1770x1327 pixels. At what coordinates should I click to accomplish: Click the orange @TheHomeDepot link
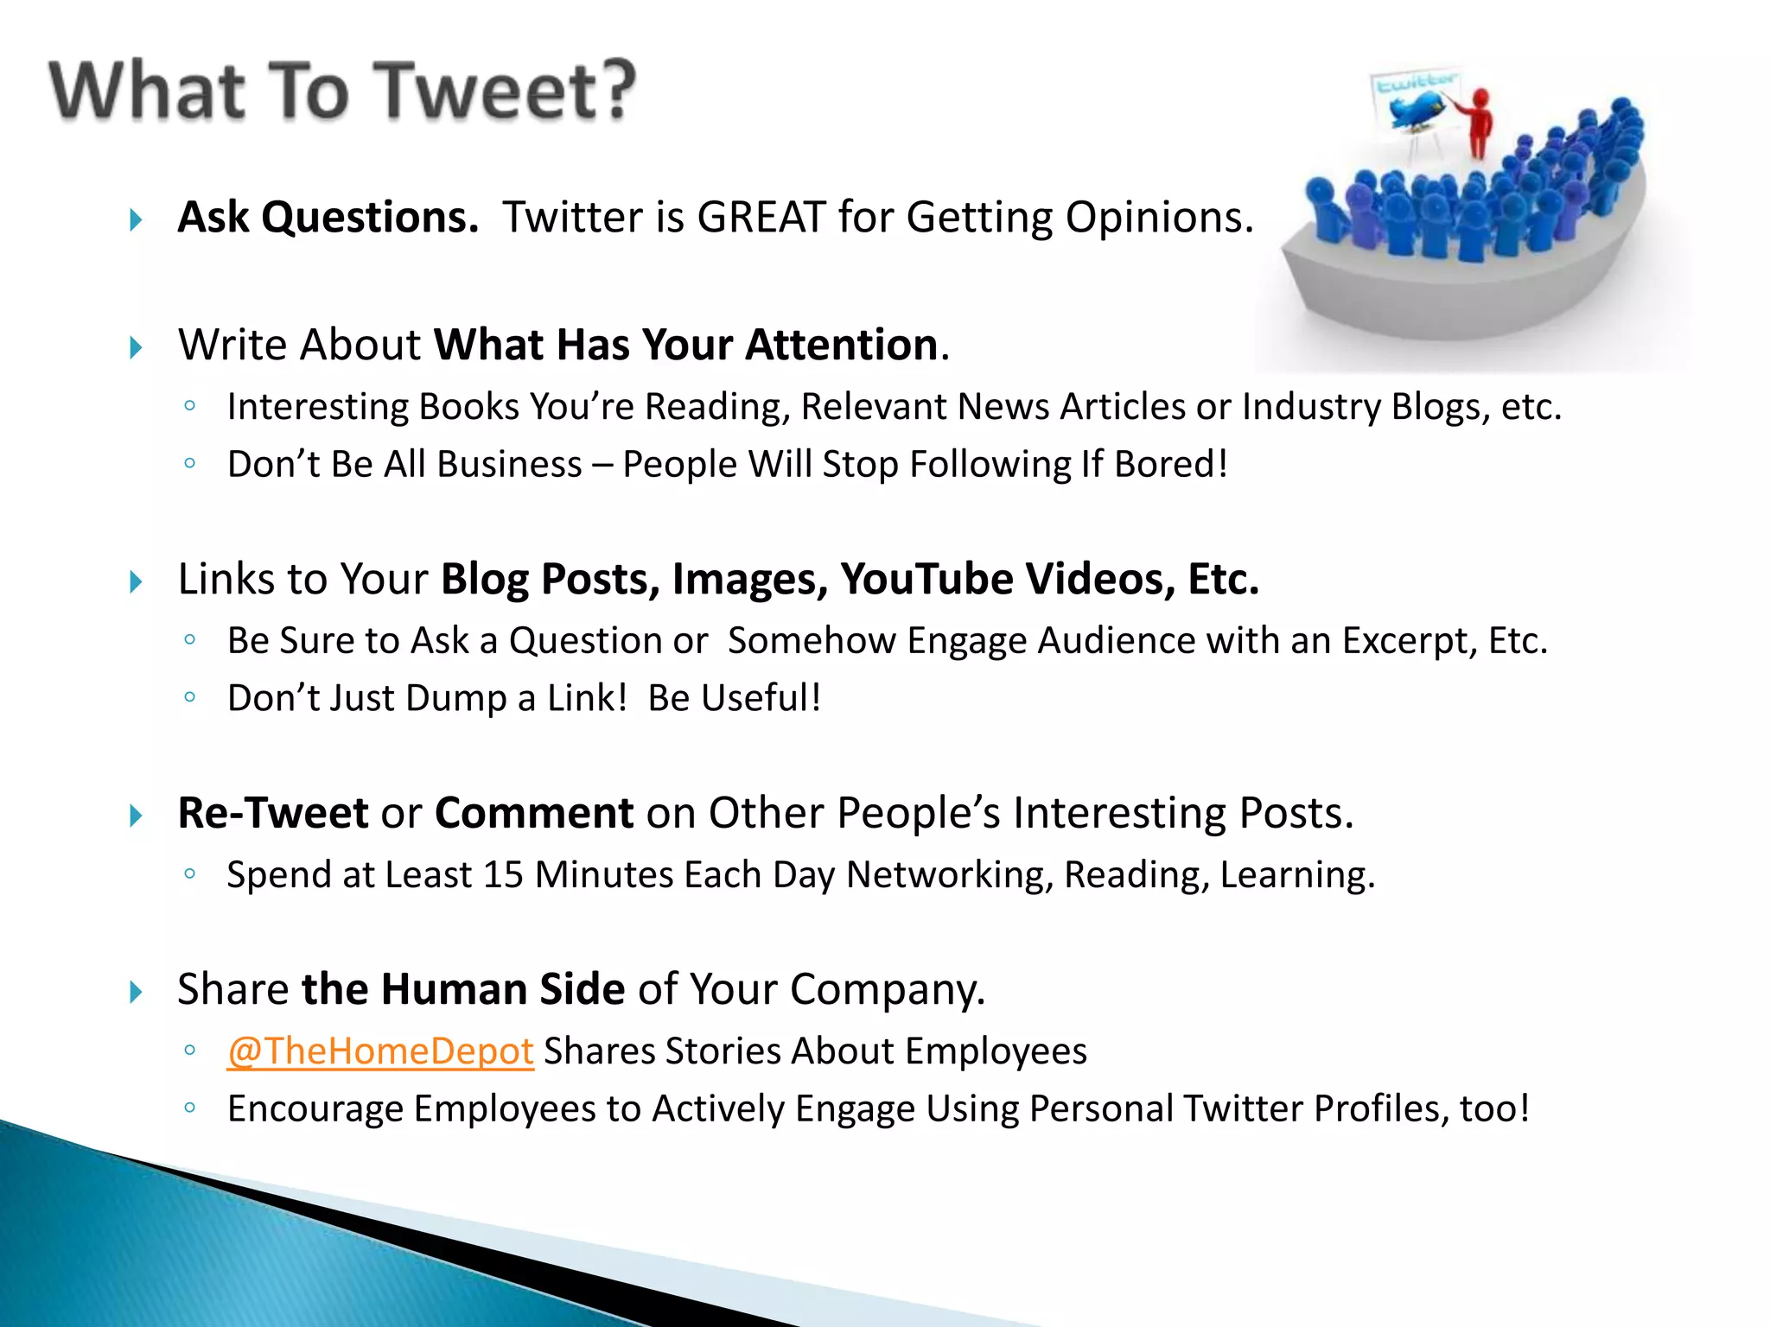[380, 1051]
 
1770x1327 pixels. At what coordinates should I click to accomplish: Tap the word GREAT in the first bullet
[761, 217]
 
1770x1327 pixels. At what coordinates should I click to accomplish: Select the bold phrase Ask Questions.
[328, 217]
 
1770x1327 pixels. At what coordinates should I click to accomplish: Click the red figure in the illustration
[1480, 121]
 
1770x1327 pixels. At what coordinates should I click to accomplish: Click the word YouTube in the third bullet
[927, 579]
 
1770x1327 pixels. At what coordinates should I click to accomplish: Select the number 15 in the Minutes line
[503, 875]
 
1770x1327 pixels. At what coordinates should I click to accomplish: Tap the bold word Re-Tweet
[273, 813]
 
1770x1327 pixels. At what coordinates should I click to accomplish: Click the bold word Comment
[534, 813]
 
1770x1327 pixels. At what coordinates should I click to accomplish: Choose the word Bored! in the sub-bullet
[1171, 465]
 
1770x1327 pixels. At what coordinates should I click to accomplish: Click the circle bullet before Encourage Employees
[190, 1108]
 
